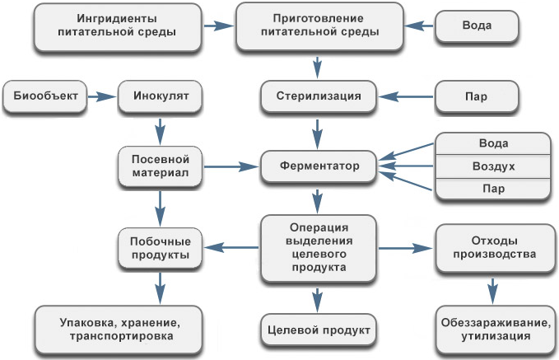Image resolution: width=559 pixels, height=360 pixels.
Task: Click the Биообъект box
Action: click(x=45, y=96)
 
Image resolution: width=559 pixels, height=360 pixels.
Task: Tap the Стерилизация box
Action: click(x=317, y=96)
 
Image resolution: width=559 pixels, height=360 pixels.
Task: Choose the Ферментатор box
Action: click(x=317, y=166)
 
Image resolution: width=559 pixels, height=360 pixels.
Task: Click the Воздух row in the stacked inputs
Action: click(x=491, y=166)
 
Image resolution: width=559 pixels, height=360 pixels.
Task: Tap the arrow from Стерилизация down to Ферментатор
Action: click(x=317, y=130)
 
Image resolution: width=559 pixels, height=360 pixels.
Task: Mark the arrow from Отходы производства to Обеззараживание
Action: click(x=493, y=289)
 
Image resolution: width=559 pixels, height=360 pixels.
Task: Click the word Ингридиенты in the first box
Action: click(x=118, y=18)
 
